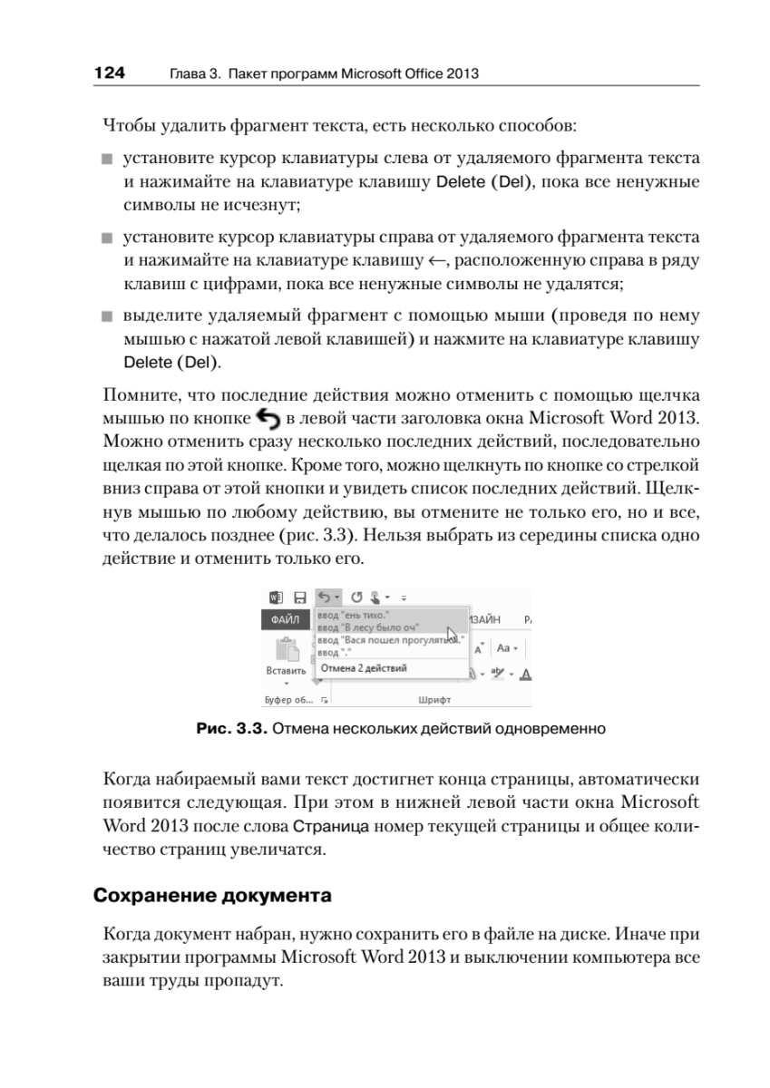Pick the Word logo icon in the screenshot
coord(277,597)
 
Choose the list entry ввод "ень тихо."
coord(353,615)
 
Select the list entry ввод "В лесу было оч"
coord(367,627)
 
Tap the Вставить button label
coord(286,671)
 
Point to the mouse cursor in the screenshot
coord(452,635)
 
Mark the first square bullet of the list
coord(107,161)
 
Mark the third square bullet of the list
coord(107,319)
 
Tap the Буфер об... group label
coord(288,700)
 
